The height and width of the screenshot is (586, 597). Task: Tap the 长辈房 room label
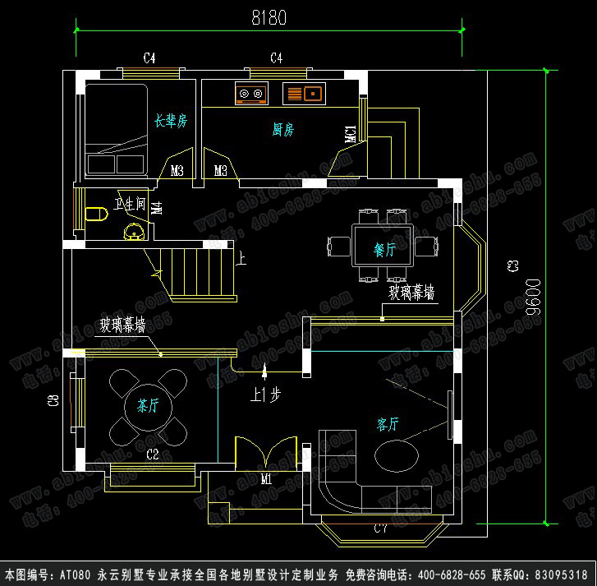click(x=171, y=121)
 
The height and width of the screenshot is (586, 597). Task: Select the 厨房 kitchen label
click(x=283, y=129)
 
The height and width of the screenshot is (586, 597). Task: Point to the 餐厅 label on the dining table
click(x=384, y=250)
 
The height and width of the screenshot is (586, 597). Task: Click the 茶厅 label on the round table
click(x=148, y=405)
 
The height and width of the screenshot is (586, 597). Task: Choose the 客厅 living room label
click(x=388, y=424)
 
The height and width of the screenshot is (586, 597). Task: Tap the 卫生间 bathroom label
click(x=131, y=204)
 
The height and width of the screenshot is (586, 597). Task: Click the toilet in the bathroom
click(x=98, y=214)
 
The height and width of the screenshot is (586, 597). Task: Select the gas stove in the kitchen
click(x=251, y=94)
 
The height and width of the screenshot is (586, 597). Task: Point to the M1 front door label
click(x=266, y=478)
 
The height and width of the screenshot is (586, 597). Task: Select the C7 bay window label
click(x=380, y=528)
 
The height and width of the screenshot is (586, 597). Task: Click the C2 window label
click(x=153, y=454)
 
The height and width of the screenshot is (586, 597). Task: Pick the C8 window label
click(x=53, y=401)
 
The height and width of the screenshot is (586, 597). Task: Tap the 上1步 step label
click(x=266, y=395)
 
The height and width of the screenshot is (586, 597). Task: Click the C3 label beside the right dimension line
click(x=512, y=265)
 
